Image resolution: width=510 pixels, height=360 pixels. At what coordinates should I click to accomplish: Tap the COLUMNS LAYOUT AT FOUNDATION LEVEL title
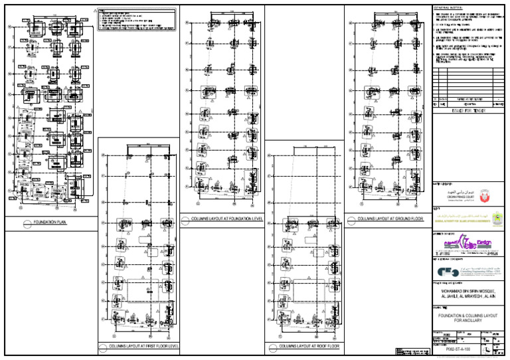(227, 219)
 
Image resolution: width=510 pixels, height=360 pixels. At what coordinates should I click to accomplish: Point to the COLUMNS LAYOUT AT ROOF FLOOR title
(309, 347)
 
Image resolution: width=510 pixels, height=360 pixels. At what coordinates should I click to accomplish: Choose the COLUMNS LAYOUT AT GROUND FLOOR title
(390, 219)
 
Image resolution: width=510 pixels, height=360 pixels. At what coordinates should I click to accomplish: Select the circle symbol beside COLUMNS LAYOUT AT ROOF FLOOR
(272, 347)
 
